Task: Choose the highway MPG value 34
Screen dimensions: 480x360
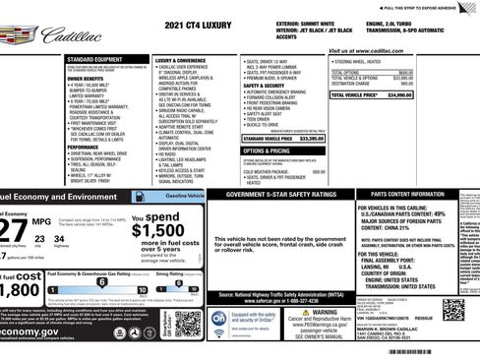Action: pos(59,238)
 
